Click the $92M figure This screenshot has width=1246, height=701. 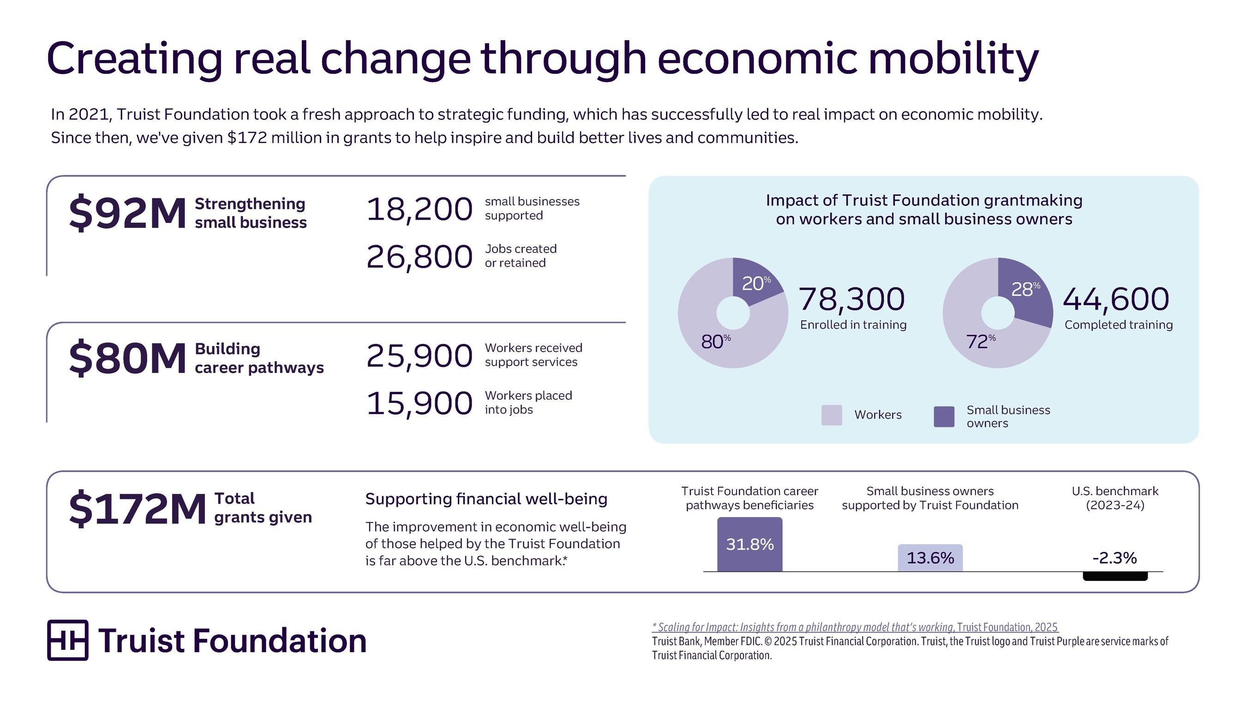tap(127, 213)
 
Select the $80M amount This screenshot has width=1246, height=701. tap(127, 359)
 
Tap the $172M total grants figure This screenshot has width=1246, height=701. tap(138, 509)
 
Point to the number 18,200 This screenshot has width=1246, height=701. tap(419, 210)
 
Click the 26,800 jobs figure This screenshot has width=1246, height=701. tap(419, 257)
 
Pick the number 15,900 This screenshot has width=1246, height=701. tap(419, 403)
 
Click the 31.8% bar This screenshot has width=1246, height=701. tap(749, 545)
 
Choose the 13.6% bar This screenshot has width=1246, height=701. tap(930, 558)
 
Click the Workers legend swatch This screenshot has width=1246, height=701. tap(832, 415)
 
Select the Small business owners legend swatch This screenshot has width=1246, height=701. tap(944, 417)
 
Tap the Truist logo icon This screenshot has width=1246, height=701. tap(68, 640)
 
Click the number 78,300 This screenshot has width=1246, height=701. tap(851, 299)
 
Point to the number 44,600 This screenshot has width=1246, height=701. tap(1116, 299)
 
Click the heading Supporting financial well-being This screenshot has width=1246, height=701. tap(486, 499)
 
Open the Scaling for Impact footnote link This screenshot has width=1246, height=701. tap(855, 628)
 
